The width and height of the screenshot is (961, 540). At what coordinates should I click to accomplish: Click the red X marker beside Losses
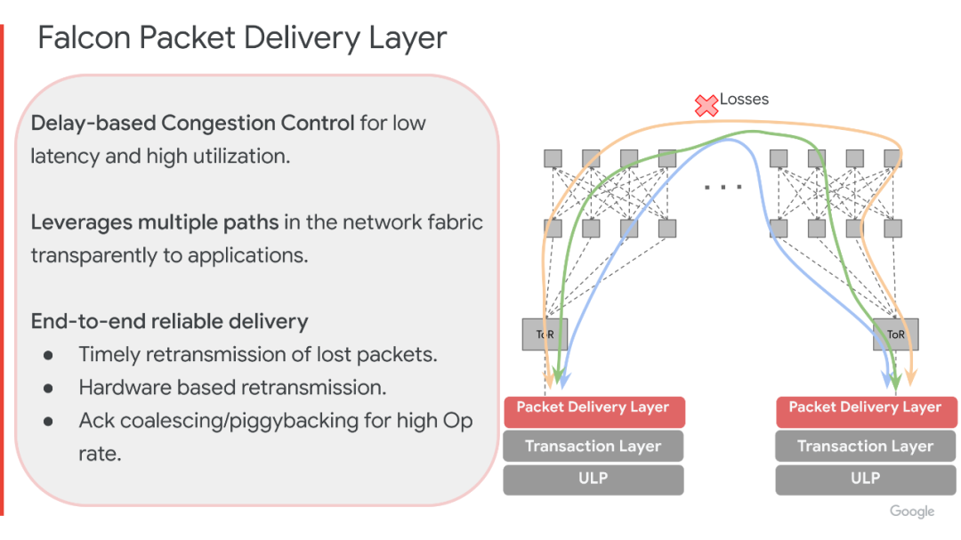(706, 106)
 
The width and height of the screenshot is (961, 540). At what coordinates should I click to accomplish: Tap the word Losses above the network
(744, 100)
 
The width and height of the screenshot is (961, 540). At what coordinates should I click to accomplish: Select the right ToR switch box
(895, 334)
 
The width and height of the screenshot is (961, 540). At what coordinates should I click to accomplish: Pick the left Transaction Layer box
(593, 446)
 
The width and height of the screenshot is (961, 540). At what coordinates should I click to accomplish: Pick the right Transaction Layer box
(865, 446)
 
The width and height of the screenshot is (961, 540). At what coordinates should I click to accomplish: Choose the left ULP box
(593, 480)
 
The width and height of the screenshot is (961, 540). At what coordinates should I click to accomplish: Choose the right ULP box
(865, 480)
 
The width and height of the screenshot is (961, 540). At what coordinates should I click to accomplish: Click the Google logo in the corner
(912, 512)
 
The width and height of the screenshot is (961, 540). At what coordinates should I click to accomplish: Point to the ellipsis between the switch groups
(723, 188)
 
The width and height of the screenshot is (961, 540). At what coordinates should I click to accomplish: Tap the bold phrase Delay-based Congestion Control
(192, 123)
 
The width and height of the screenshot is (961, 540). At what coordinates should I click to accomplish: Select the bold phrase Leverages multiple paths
(155, 222)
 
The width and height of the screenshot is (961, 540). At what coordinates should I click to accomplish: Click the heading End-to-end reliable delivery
(169, 320)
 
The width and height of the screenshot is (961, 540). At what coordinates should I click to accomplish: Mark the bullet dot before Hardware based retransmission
(49, 388)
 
